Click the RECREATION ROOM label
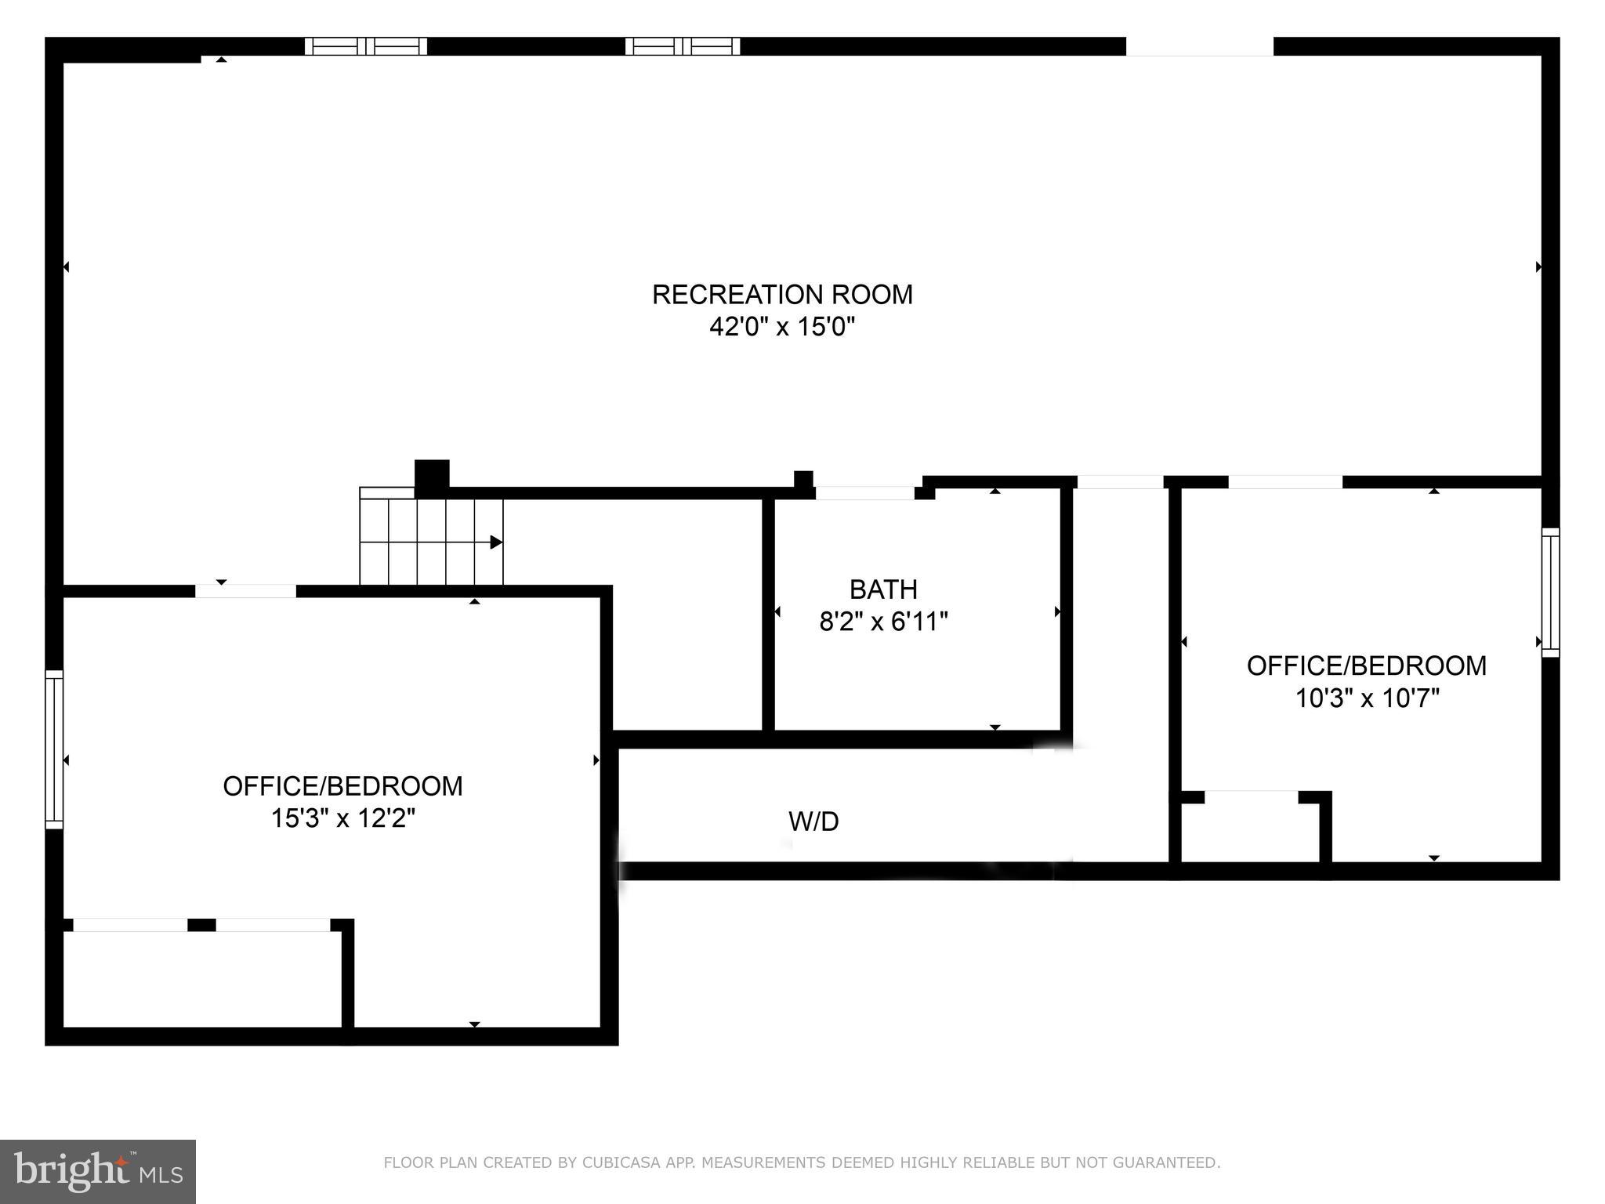coord(782,295)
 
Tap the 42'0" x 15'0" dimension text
coord(782,327)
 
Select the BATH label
coord(883,589)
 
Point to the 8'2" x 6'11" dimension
coord(883,622)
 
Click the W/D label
coord(813,821)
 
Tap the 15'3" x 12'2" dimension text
coord(342,818)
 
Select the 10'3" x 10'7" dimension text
coord(1367,698)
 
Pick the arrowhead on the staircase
coord(496,542)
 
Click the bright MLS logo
coord(97,1171)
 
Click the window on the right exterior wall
coord(1550,593)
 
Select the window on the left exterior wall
coord(53,749)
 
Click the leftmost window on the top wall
coord(365,46)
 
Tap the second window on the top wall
coord(682,46)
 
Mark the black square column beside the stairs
coord(431,476)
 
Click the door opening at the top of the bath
coord(864,493)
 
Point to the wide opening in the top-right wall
coord(1199,46)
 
